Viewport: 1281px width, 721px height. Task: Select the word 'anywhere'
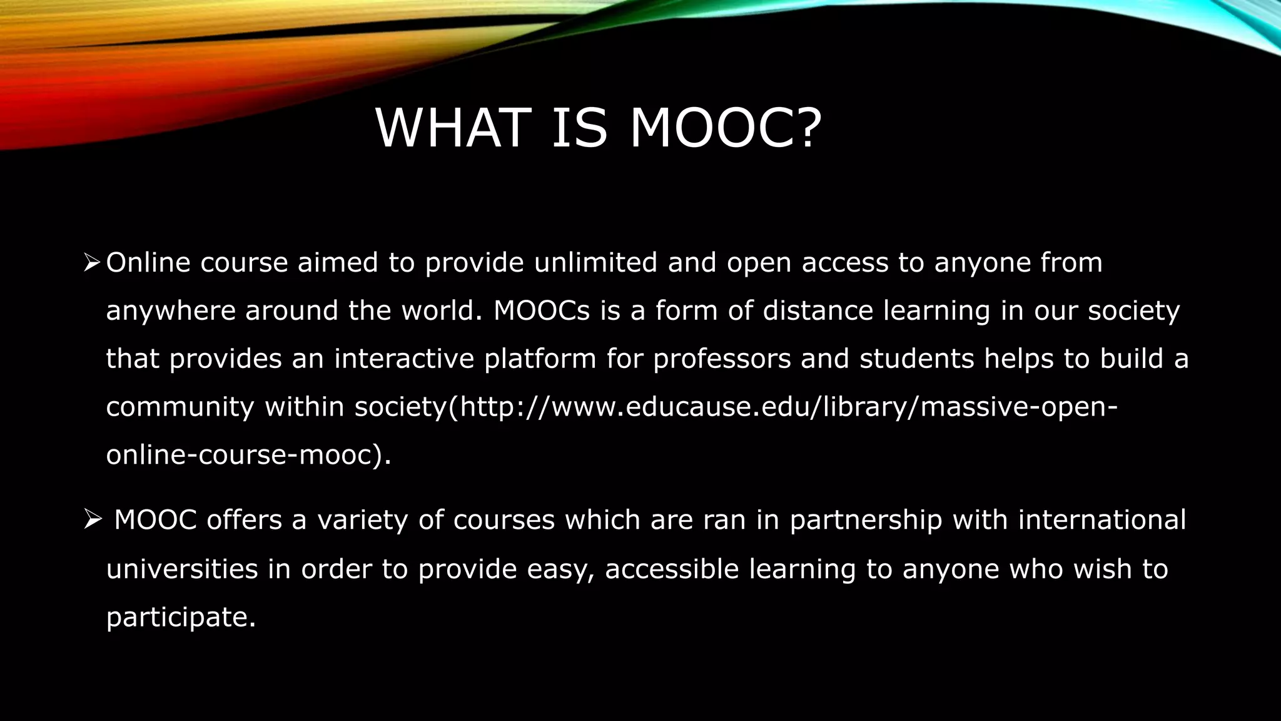point(170,311)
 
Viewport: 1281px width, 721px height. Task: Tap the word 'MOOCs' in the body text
point(542,311)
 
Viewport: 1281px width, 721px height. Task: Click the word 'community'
point(180,407)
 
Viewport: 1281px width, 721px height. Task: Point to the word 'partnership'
point(866,521)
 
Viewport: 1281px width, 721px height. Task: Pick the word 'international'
point(1101,521)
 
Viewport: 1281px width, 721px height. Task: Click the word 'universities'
point(182,570)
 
